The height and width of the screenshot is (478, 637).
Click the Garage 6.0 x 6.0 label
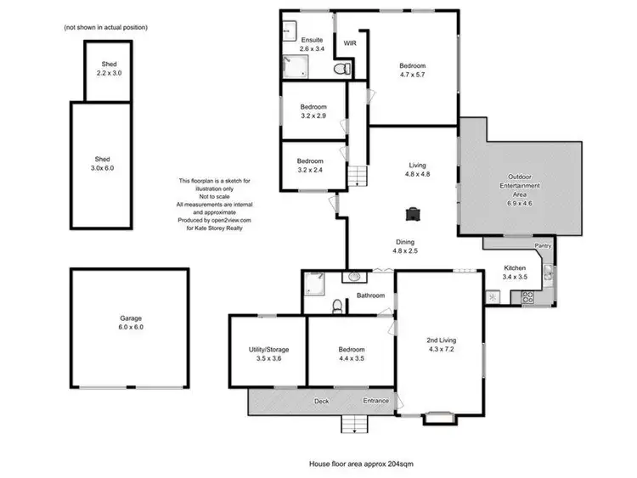point(131,323)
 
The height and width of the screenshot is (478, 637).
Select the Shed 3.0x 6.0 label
point(102,163)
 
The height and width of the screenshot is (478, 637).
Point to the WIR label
point(349,43)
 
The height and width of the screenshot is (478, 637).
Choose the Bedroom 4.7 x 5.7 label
point(412,70)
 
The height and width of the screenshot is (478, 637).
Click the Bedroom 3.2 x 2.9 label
point(312,110)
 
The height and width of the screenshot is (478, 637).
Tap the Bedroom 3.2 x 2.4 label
point(310,166)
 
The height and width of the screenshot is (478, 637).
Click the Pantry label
point(544,246)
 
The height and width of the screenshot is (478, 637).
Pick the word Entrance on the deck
point(376,400)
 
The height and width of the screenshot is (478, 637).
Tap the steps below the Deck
point(352,424)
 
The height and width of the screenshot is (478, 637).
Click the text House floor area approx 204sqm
point(361,464)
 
